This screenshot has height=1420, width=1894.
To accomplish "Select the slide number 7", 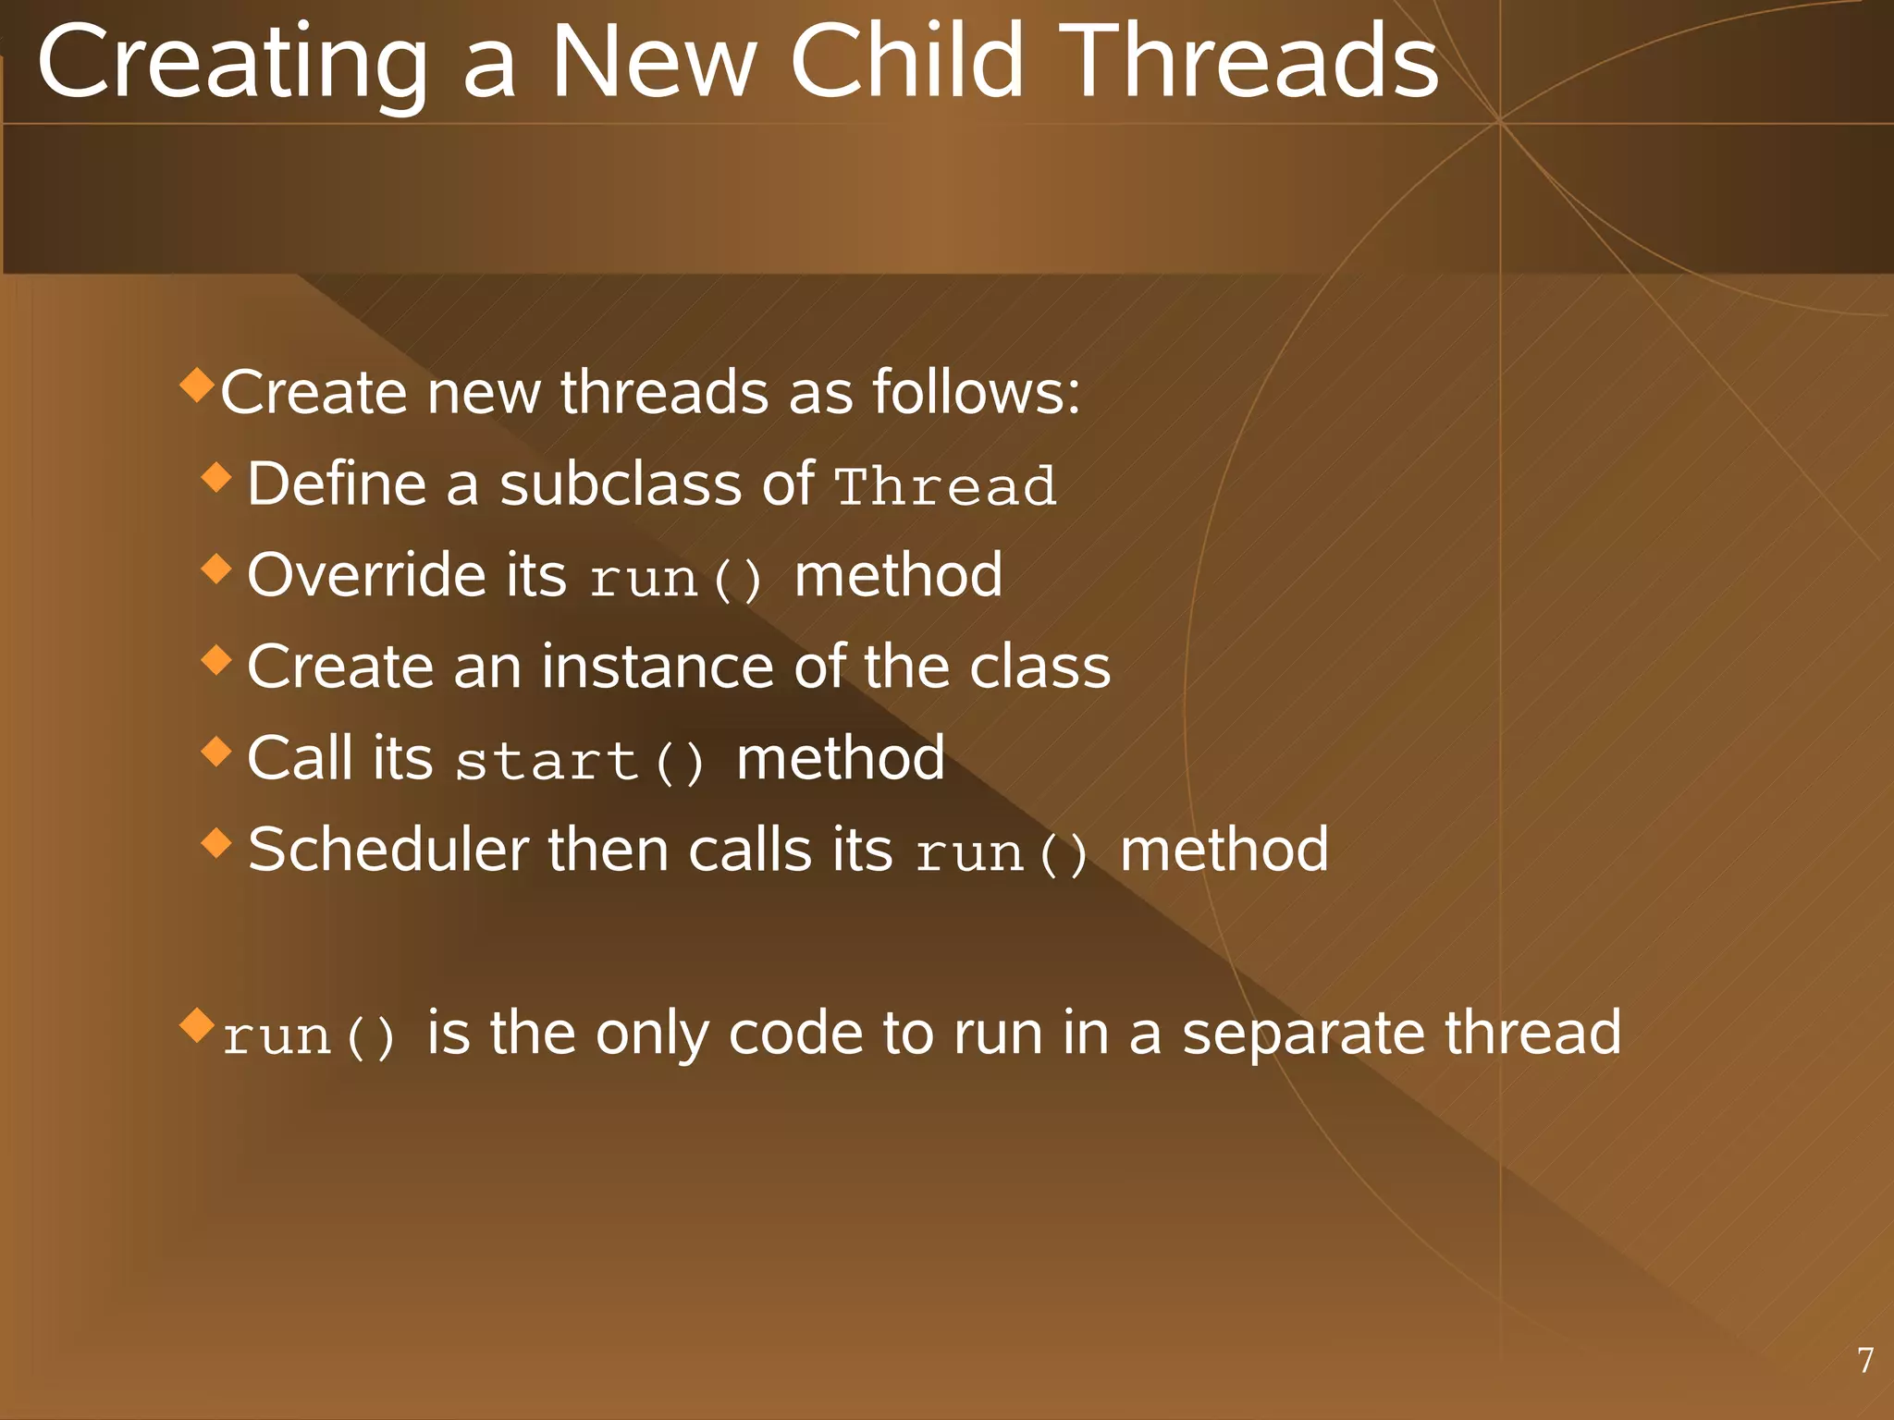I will (x=1865, y=1360).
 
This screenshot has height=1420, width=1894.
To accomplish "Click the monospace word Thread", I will (x=945, y=486).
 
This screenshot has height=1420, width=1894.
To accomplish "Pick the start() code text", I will (x=581, y=762).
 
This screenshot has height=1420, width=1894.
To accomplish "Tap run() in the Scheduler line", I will (x=1002, y=853).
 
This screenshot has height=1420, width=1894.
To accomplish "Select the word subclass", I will (x=620, y=484).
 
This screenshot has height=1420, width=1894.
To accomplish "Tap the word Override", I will (x=366, y=575).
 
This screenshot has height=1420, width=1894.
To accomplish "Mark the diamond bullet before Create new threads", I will (x=197, y=385).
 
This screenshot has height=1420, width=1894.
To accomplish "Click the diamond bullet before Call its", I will (x=216, y=751).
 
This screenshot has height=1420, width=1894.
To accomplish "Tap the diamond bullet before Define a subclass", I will (x=216, y=477).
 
